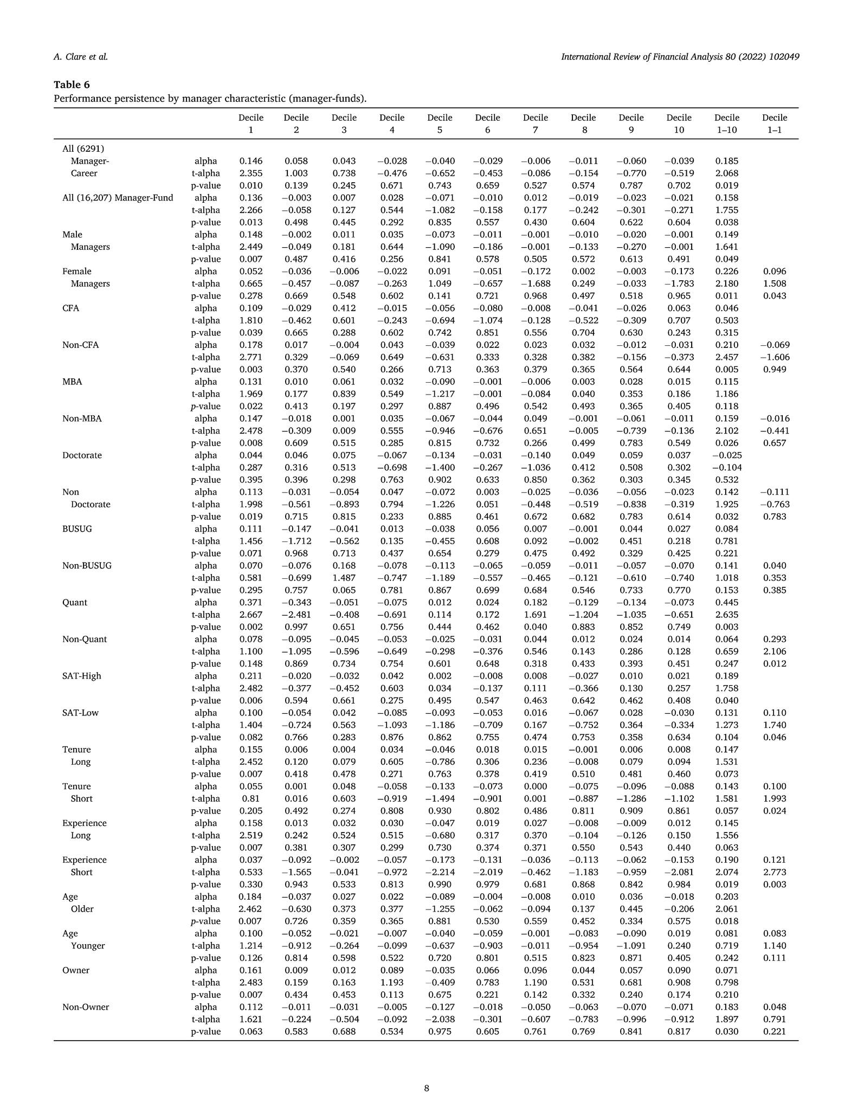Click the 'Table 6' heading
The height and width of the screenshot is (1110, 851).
[x=72, y=85]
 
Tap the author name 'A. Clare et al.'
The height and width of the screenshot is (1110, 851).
[x=81, y=56]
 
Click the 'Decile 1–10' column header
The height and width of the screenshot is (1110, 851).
[x=726, y=124]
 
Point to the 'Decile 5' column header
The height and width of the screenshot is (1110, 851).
[x=440, y=124]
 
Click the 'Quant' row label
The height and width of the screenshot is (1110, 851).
[x=75, y=602]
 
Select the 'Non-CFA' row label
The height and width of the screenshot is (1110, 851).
[x=80, y=345]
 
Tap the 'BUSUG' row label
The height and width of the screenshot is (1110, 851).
[x=77, y=528]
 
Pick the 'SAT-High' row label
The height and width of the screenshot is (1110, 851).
[x=82, y=676]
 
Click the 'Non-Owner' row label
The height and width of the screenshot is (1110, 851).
[x=86, y=1007]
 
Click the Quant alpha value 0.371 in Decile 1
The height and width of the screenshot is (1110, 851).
[x=251, y=602]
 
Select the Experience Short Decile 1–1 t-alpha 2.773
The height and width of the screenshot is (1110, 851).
[x=775, y=872]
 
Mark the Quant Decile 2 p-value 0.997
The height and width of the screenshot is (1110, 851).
[x=296, y=627]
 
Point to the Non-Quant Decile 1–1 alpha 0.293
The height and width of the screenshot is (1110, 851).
[x=775, y=639]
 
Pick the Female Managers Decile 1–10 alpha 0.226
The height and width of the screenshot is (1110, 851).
[x=727, y=271]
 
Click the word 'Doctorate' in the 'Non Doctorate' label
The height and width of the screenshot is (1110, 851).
[x=91, y=504]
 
